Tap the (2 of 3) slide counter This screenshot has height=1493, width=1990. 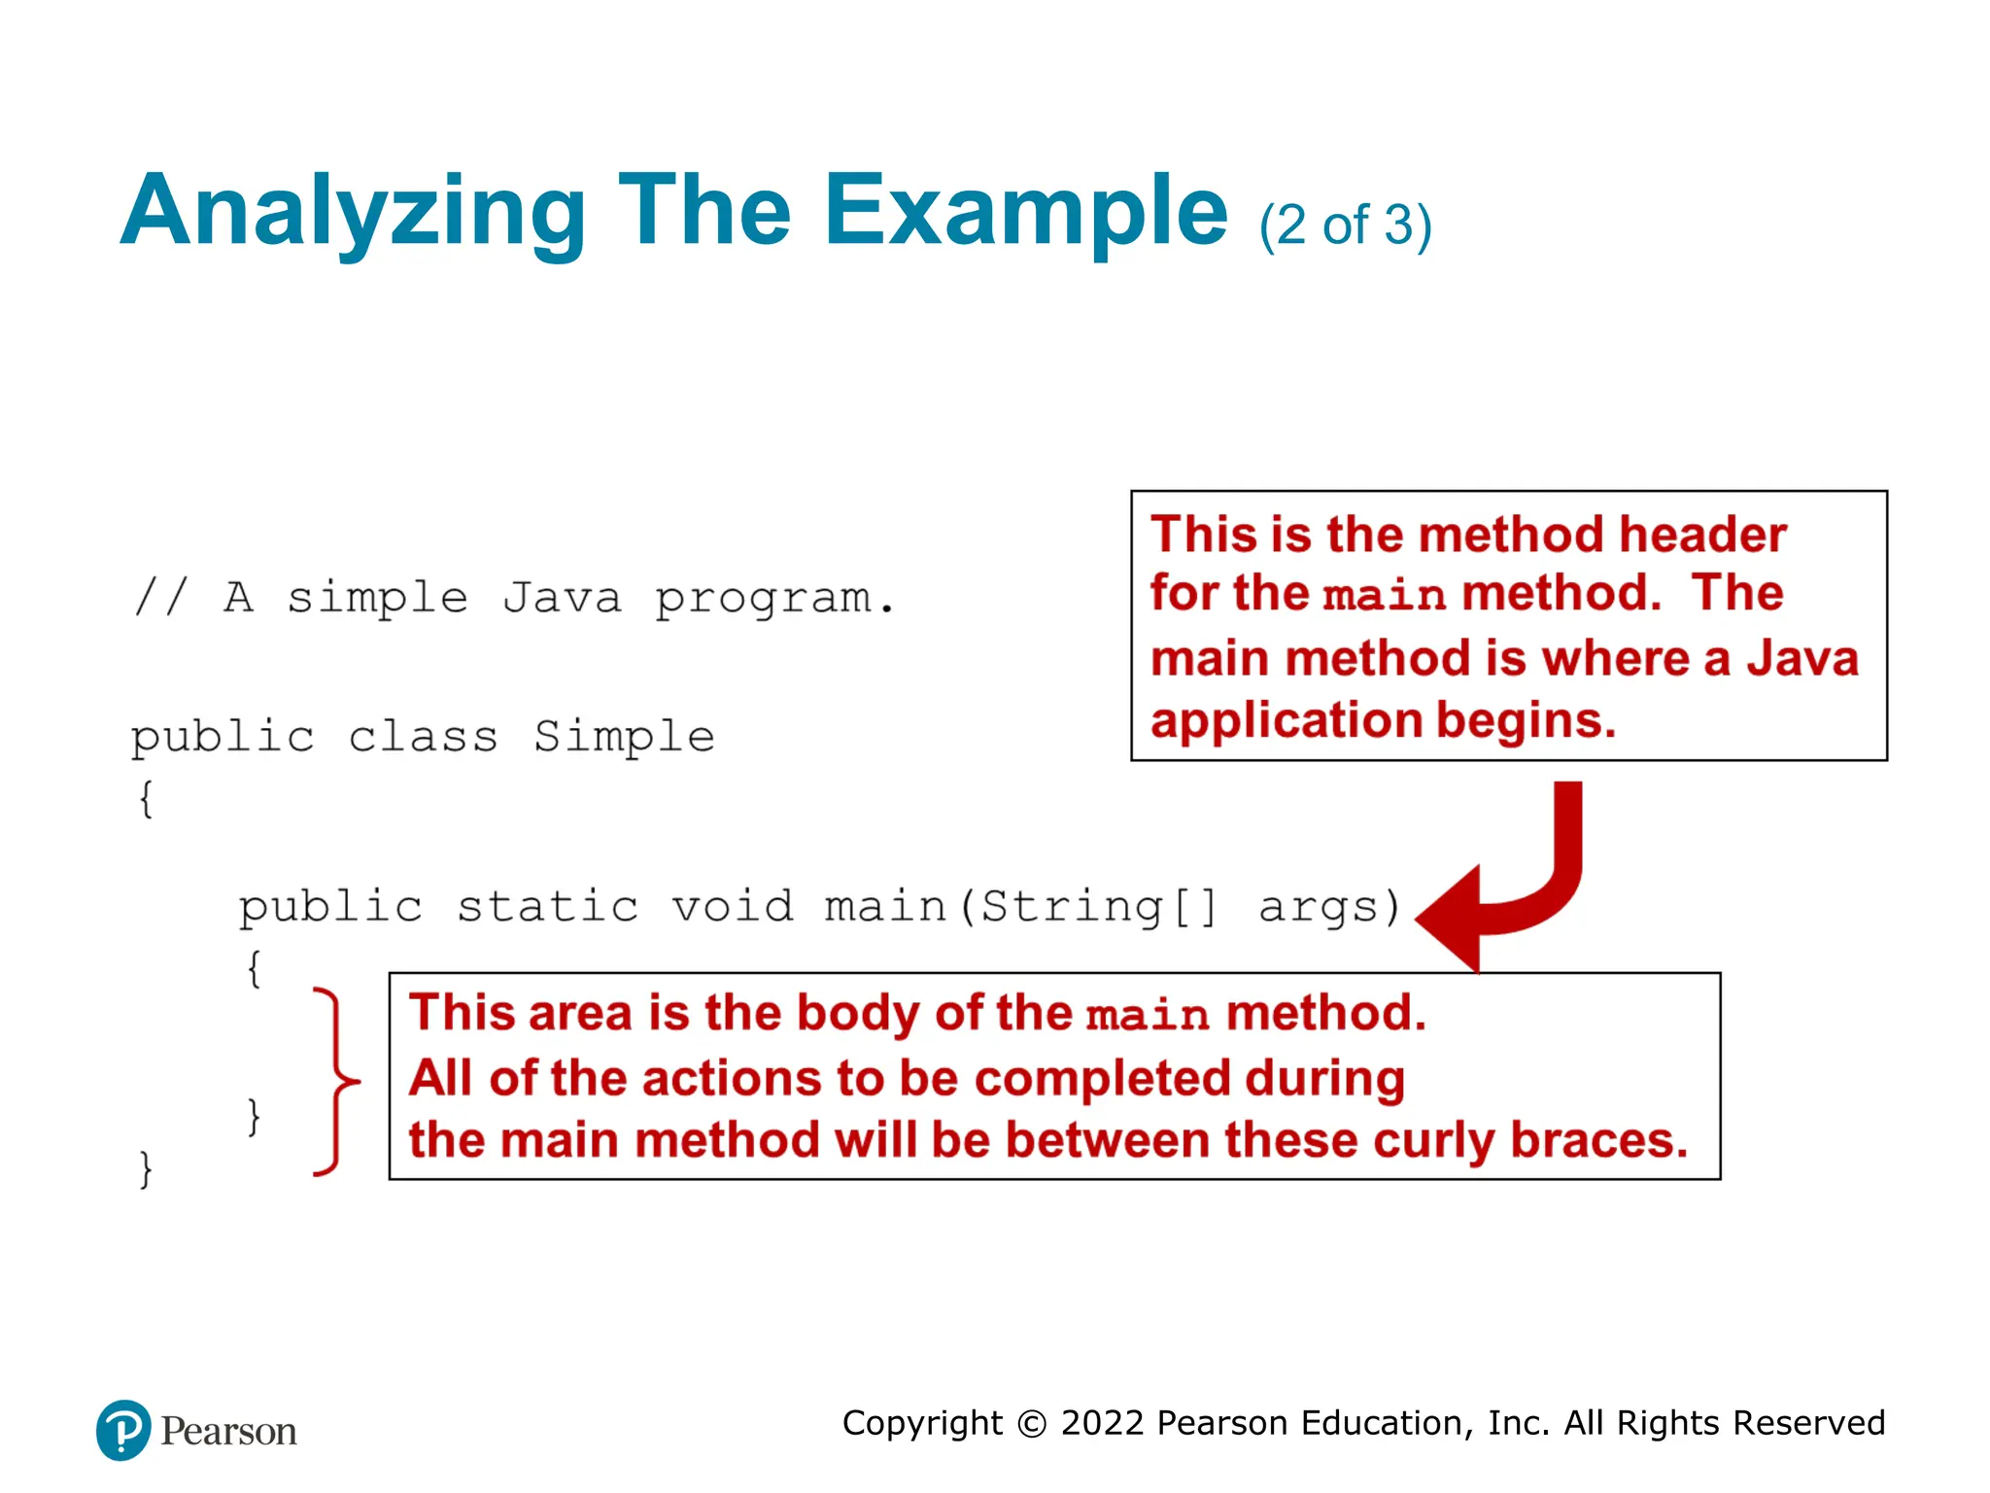1345,226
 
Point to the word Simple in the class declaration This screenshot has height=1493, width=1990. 624,737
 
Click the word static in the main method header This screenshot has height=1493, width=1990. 547,907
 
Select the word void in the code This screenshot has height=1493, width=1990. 733,907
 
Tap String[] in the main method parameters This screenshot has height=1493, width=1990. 1097,907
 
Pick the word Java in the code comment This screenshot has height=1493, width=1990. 562,598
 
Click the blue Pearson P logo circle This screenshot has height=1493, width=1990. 123,1430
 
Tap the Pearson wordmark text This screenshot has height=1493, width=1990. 228,1432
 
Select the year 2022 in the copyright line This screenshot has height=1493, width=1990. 1102,1423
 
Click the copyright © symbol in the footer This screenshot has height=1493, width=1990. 1031,1424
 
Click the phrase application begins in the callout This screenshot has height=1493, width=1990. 1383,720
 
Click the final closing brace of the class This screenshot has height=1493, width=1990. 146,1168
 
